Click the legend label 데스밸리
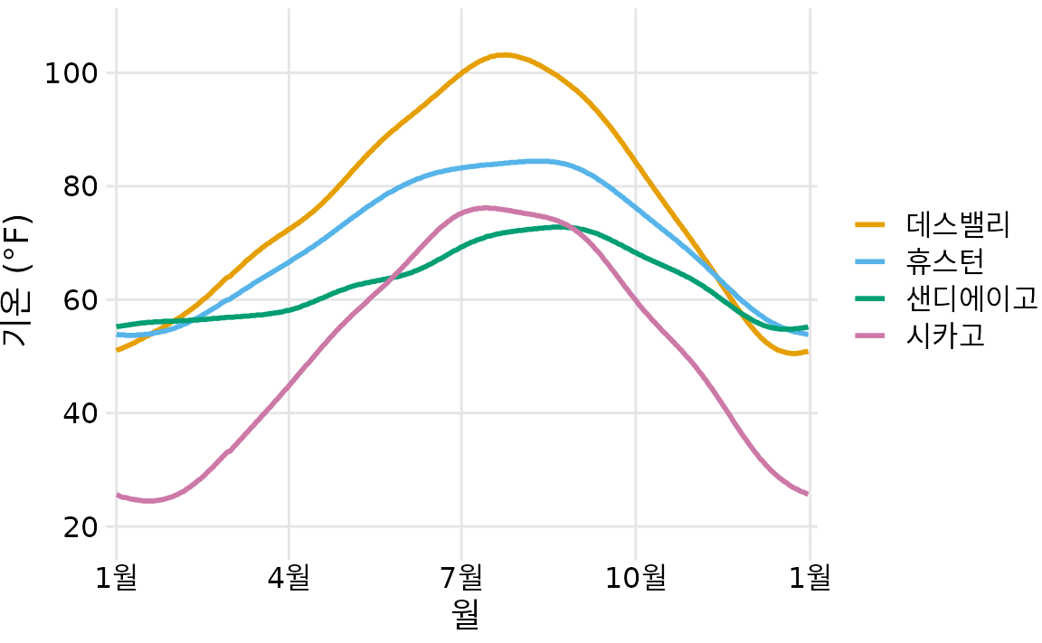tap(958, 223)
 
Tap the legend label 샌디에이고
tap(971, 298)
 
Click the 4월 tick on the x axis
tap(289, 576)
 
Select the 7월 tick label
tap(462, 576)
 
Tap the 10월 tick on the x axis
tap(635, 576)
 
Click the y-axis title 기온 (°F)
tap(17, 281)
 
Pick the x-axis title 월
tap(465, 615)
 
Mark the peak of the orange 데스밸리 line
tap(504, 55)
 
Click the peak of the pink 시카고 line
tap(486, 208)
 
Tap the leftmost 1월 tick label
tap(116, 576)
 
